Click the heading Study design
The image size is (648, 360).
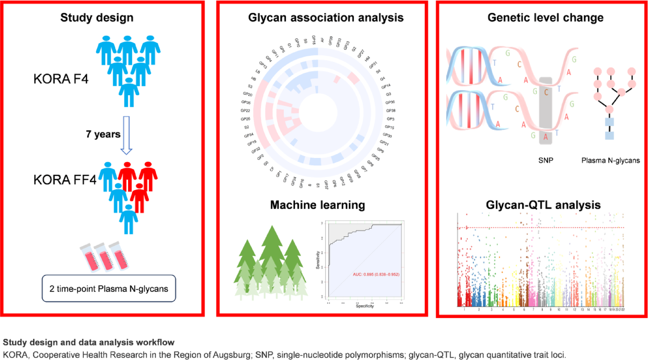(97, 17)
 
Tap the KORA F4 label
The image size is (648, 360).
(61, 79)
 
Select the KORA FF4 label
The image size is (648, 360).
(65, 179)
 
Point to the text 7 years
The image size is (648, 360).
(103, 134)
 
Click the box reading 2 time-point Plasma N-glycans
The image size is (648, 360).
(109, 289)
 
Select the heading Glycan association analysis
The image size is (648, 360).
(326, 17)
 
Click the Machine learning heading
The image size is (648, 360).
(317, 205)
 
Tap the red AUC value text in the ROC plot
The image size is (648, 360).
(376, 275)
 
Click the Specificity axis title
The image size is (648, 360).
(365, 306)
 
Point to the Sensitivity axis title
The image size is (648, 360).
(318, 260)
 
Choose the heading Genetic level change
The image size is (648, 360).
(545, 17)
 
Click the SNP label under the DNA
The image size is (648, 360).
(546, 160)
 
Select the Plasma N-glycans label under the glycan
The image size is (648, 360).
(610, 160)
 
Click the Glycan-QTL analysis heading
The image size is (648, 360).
(543, 205)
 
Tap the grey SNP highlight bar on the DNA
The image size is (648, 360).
(546, 110)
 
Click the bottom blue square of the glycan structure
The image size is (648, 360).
(609, 135)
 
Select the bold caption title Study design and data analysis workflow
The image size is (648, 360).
(89, 342)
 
